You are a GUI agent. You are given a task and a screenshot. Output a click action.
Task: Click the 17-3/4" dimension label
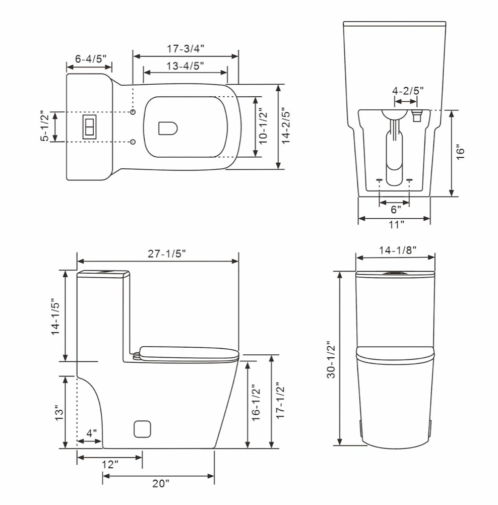point(185,48)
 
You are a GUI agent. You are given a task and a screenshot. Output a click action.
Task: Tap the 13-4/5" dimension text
point(185,66)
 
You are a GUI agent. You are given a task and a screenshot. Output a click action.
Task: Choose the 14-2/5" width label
point(286,126)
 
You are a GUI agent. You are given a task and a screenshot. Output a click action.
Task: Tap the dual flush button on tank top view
point(89,127)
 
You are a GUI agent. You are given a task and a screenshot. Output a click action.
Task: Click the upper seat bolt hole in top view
point(133,112)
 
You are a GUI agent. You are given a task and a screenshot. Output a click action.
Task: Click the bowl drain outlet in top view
point(168,128)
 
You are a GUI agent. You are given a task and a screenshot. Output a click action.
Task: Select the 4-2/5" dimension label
point(407,91)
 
